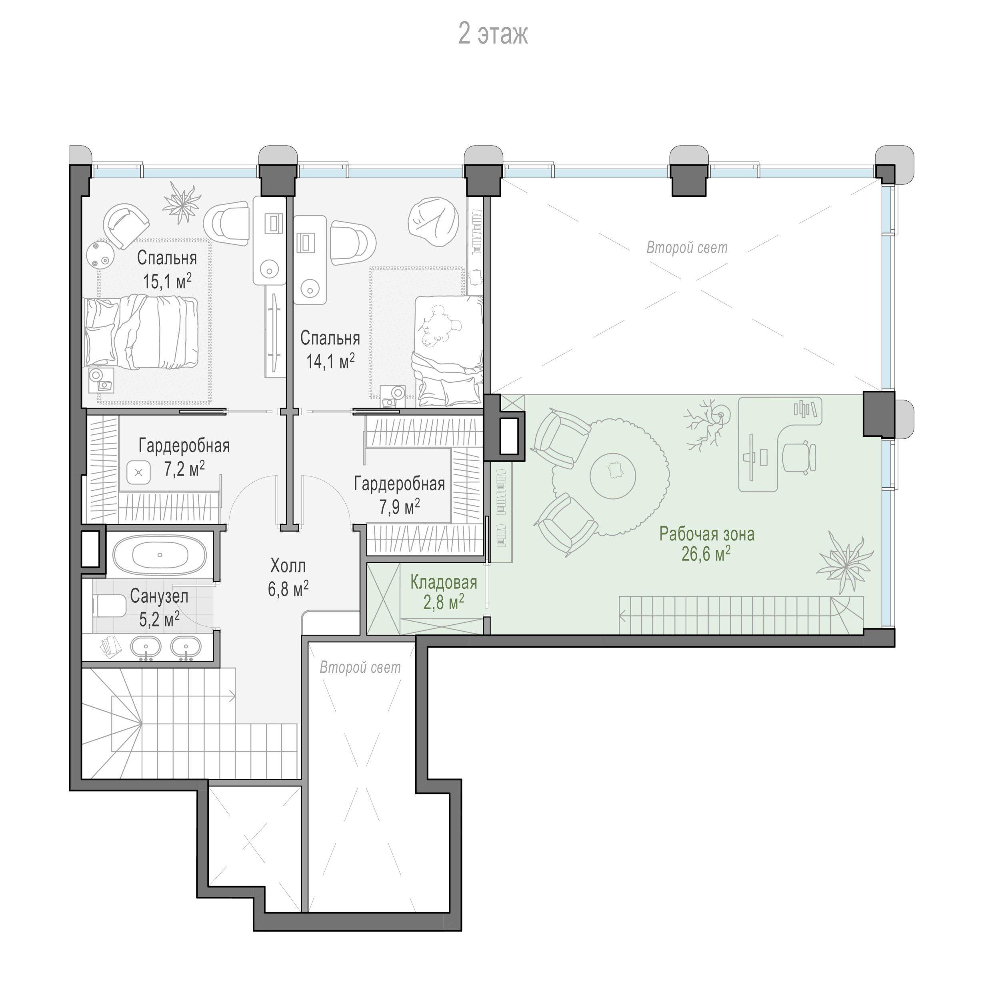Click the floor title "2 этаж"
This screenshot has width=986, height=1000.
pos(493,34)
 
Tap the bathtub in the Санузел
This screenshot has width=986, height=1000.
pos(160,555)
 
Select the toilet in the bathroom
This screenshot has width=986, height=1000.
pos(109,606)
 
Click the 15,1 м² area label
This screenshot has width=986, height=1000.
pos(167,282)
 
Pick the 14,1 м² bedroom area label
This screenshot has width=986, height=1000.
pos(330,361)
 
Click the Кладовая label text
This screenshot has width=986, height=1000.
pos(444,582)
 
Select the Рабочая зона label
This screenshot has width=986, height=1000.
pos(706,534)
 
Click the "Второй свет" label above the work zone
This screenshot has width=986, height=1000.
pos(687,248)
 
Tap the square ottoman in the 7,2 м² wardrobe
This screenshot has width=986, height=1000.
pos(138,472)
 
